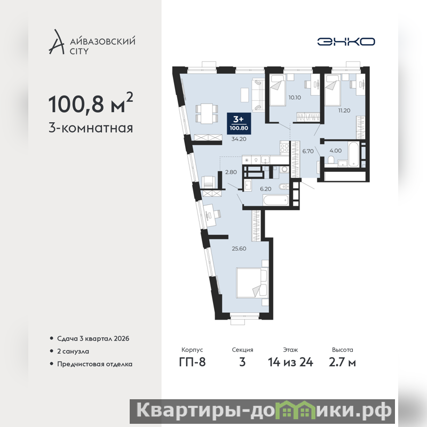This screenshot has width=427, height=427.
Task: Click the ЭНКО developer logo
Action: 346,42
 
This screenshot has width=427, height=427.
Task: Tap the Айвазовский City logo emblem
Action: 57,42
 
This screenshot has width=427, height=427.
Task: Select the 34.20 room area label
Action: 239,139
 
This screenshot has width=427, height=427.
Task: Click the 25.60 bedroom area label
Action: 239,249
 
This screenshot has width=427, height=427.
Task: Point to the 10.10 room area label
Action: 295,98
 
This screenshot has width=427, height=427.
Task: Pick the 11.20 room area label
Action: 344,110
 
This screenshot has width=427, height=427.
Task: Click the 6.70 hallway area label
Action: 308,151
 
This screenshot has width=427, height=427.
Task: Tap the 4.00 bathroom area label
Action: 336,151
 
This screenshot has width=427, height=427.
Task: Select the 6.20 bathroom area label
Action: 265,189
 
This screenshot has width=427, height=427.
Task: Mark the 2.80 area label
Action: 231,172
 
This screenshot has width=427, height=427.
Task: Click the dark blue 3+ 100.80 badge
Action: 239,124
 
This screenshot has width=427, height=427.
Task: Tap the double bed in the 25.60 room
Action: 252,283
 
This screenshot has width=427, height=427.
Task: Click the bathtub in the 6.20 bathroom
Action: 276,201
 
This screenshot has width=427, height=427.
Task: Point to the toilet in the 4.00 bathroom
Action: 331,160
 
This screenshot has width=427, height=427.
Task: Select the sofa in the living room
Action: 258,95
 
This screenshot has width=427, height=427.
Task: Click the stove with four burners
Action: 284,148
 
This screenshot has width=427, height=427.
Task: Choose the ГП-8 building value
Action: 192,362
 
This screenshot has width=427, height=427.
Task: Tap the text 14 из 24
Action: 290,362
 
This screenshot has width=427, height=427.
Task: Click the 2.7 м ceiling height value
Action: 342,362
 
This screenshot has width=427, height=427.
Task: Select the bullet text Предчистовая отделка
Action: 95,365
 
